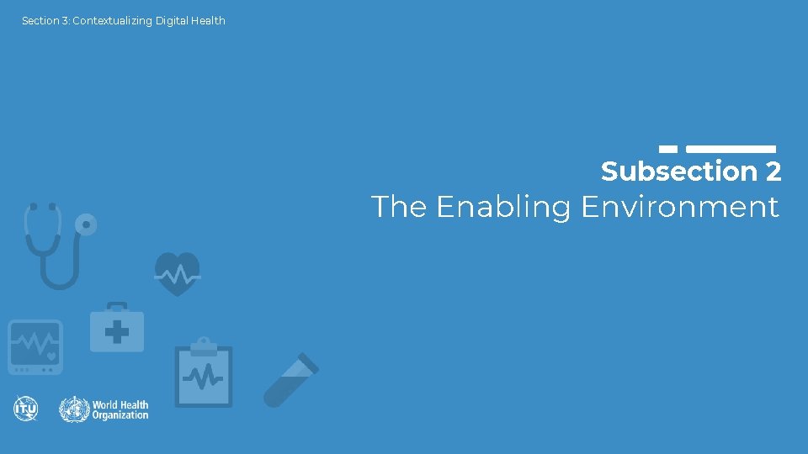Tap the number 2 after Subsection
click(773, 172)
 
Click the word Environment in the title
click(679, 207)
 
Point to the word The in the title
click(399, 207)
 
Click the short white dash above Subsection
click(668, 149)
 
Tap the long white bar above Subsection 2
click(731, 149)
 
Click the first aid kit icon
click(117, 328)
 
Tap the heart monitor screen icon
click(35, 346)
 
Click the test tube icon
click(290, 380)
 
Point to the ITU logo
click(26, 409)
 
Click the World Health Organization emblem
click(74, 409)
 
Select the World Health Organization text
click(120, 409)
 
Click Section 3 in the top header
click(45, 21)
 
